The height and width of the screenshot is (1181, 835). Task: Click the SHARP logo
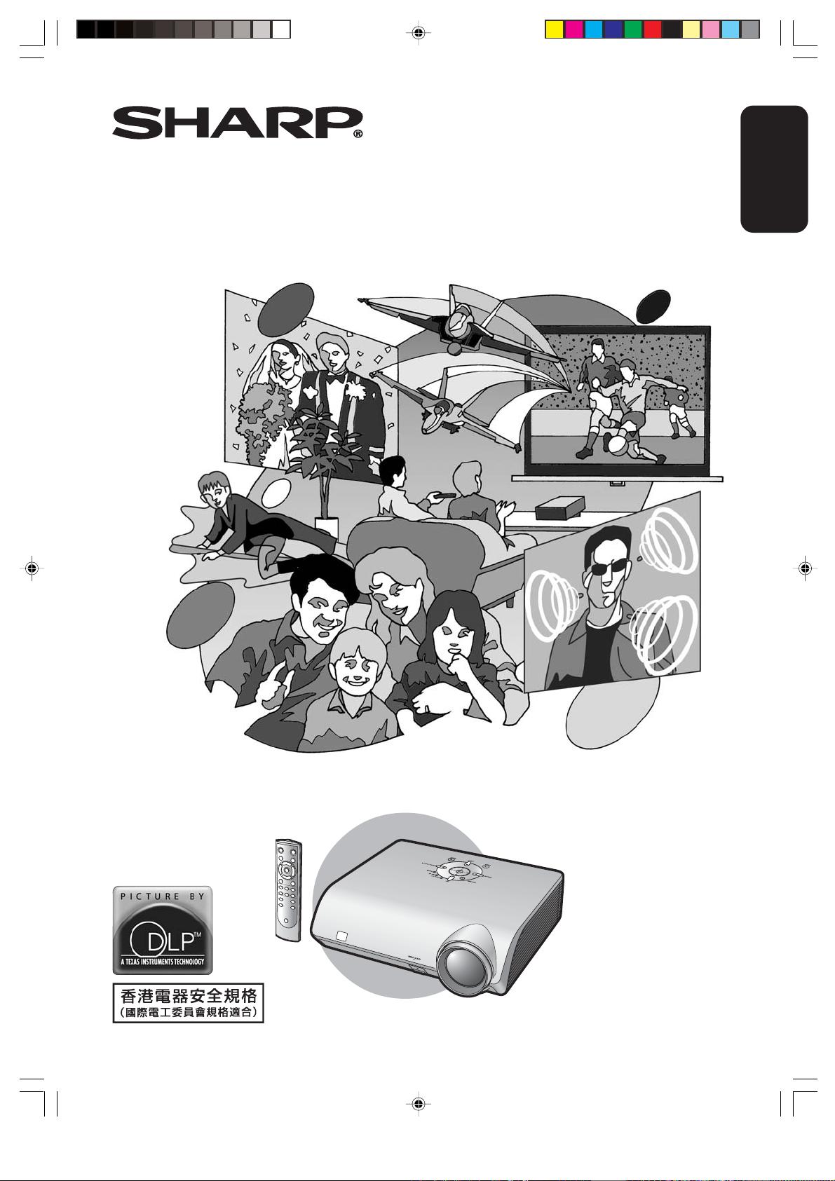point(238,123)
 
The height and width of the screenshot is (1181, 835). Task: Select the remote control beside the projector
point(289,890)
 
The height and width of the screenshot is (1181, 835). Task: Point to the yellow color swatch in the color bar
point(554,29)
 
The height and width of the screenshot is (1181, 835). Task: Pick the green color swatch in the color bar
point(632,29)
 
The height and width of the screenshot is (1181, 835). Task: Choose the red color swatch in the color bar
point(652,29)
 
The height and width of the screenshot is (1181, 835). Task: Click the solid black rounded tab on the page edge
point(774,169)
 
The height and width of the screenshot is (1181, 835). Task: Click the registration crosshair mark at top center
point(418,33)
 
